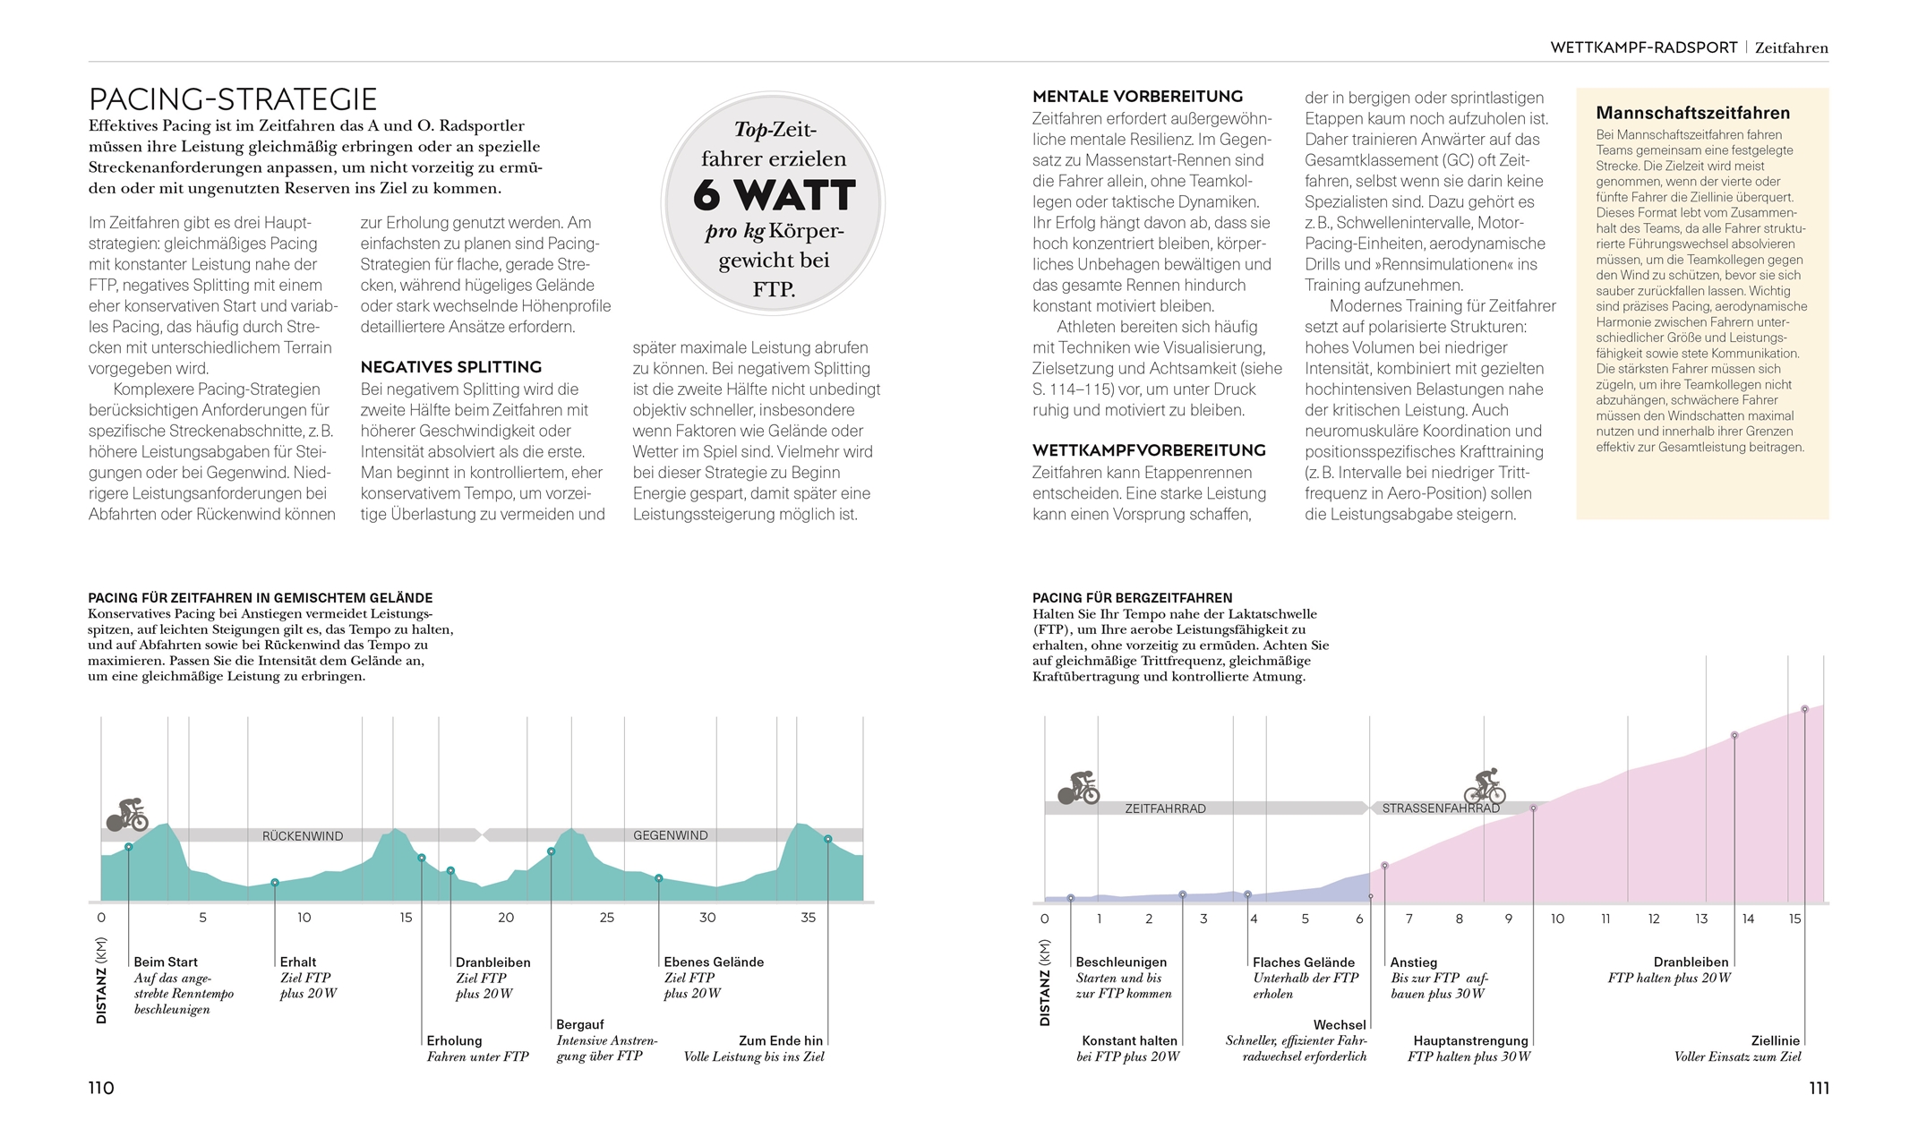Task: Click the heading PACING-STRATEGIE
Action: (233, 98)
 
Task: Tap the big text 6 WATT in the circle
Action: (774, 195)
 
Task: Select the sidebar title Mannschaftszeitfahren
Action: (1692, 113)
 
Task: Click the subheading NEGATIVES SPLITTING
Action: (451, 367)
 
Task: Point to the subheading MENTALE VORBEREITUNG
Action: (1137, 97)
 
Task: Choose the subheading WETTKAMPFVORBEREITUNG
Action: (1149, 450)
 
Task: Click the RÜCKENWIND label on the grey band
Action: (303, 836)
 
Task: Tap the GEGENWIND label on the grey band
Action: (671, 835)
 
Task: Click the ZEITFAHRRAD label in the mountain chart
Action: (1165, 808)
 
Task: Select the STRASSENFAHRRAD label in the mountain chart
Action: (1441, 808)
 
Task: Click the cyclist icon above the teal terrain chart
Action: (127, 815)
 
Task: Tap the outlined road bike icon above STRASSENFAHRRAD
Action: (1485, 787)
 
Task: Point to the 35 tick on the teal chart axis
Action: (808, 918)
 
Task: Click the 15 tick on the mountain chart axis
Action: (1794, 919)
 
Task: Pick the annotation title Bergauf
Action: (580, 1024)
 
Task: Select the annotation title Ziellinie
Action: (1775, 1040)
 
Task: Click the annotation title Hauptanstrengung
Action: (1470, 1040)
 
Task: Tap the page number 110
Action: (101, 1088)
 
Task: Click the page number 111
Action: (1819, 1088)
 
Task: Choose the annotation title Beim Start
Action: (166, 962)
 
